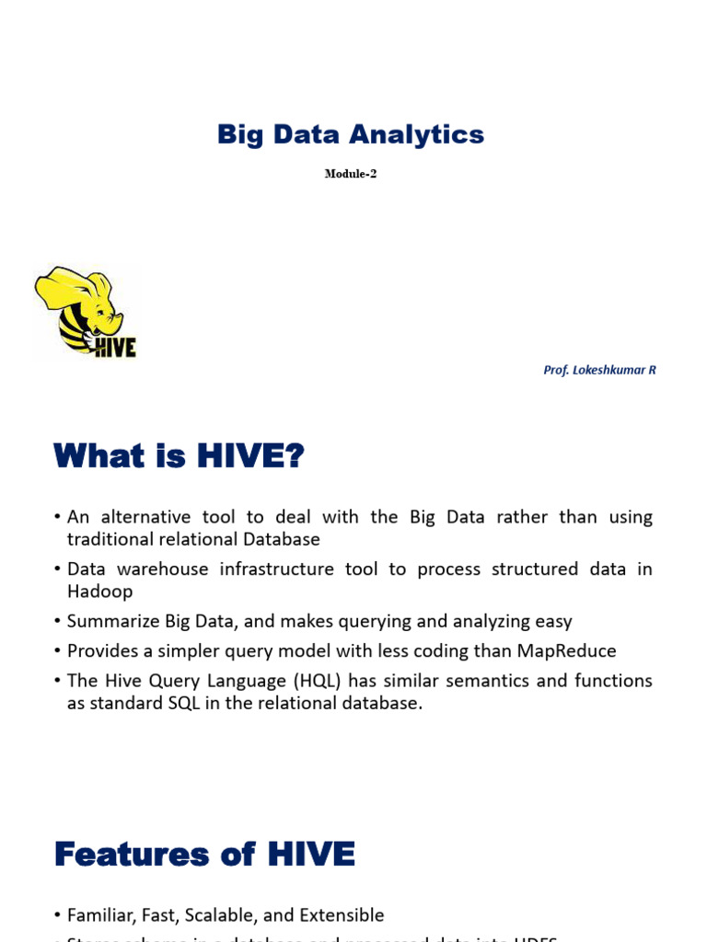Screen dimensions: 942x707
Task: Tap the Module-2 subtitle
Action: [351, 174]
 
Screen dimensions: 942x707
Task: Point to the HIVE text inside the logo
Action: [114, 347]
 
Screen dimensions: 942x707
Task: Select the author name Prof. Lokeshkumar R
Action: [599, 370]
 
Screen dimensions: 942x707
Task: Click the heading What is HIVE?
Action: [179, 455]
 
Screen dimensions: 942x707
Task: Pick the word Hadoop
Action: [99, 592]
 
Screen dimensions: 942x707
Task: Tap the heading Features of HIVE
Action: [204, 855]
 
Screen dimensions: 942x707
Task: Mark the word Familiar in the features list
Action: [101, 915]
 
